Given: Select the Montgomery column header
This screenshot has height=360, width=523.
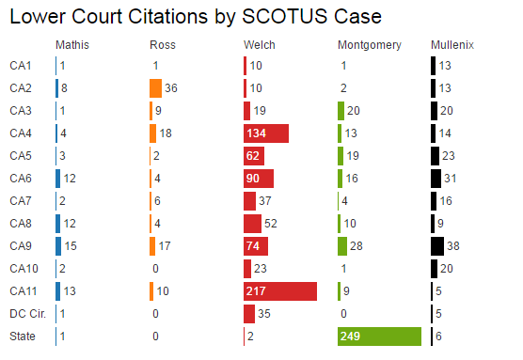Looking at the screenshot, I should point(369,45).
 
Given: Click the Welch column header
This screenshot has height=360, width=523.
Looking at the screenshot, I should point(259,45).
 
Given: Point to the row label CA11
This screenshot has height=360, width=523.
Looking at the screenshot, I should point(23,291).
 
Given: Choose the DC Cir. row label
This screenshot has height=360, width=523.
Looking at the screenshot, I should point(26,314).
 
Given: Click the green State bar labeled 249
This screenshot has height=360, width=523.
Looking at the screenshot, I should point(378,337).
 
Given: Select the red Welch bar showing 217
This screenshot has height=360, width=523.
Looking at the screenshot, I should point(280,291).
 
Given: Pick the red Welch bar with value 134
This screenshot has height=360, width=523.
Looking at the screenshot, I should point(266,133).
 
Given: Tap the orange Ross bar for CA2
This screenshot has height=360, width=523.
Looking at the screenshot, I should point(155,88).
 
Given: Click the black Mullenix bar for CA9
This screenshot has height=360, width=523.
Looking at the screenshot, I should point(437,246).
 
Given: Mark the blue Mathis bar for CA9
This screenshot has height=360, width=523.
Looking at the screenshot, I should point(58,246).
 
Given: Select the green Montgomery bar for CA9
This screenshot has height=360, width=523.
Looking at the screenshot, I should point(342,246).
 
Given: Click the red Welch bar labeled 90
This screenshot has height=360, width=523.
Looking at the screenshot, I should point(259,179).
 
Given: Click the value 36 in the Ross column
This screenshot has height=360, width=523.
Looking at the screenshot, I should point(171,88).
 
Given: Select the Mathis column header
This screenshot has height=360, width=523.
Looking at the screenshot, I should point(72,45).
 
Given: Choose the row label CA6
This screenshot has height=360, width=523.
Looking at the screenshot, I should point(20,179).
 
